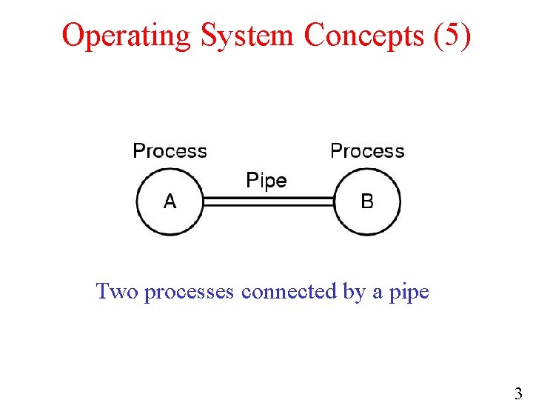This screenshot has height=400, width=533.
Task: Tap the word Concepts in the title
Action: click(363, 36)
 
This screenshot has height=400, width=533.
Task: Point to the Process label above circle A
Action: click(170, 151)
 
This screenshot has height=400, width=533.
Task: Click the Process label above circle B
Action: click(367, 151)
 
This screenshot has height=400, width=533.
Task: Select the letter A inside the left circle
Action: click(170, 201)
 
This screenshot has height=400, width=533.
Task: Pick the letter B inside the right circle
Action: click(367, 201)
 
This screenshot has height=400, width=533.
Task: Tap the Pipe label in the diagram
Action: click(266, 180)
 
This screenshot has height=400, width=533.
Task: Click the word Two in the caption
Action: click(118, 292)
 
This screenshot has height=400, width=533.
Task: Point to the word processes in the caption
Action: click(191, 293)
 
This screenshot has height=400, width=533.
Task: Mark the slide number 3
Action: click(518, 393)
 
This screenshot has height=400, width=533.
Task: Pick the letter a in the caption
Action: click(378, 293)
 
